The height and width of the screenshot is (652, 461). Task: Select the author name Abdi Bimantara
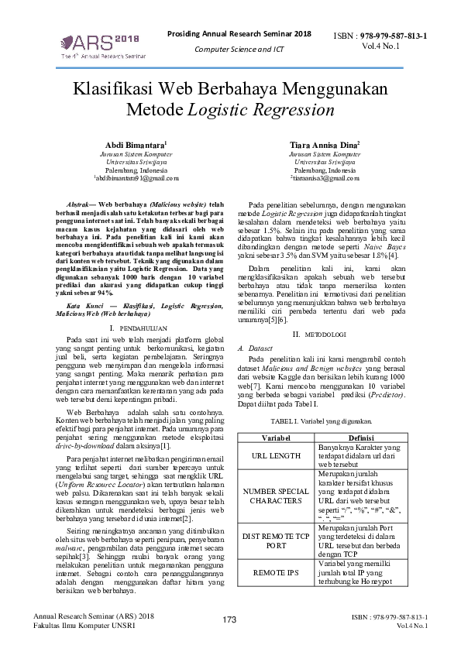[x=135, y=145]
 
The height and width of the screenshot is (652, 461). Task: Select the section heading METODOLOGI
[x=329, y=334]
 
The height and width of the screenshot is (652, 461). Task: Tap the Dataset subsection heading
[x=263, y=348]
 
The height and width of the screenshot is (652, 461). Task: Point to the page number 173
[x=229, y=619]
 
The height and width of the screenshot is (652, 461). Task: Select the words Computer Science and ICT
[x=239, y=50]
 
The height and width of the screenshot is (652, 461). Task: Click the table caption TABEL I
[x=321, y=422]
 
